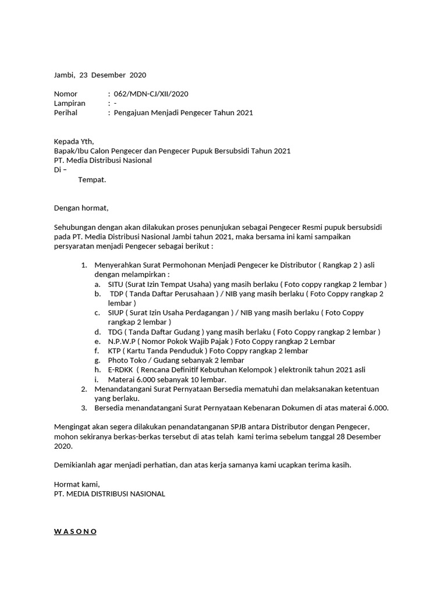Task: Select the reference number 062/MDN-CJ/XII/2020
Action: [151, 94]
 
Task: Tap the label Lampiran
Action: [69, 103]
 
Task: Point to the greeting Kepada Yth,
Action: [73, 141]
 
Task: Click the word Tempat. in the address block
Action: [92, 180]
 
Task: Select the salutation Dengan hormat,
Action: [81, 208]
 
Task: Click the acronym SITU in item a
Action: [116, 284]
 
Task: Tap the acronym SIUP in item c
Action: [116, 313]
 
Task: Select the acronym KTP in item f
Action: [115, 351]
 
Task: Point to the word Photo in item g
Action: [118, 360]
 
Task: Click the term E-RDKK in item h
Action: [120, 370]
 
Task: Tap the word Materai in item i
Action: [122, 379]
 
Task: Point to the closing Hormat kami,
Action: [77, 484]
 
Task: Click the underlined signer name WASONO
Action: [75, 531]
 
